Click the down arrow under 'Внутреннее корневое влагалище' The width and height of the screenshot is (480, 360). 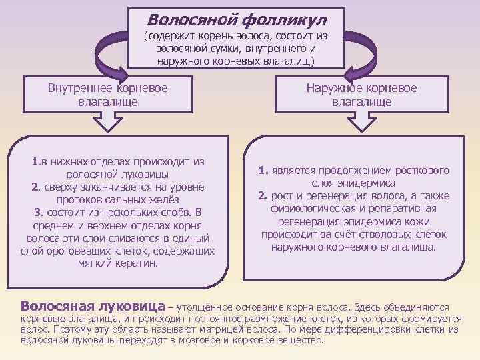tap(108, 124)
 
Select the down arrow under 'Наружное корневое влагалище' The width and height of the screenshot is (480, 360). tap(361, 124)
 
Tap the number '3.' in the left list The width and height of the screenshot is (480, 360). tap(39, 212)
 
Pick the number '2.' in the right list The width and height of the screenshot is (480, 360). tap(263, 195)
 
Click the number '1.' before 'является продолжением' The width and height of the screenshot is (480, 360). tap(264, 170)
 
